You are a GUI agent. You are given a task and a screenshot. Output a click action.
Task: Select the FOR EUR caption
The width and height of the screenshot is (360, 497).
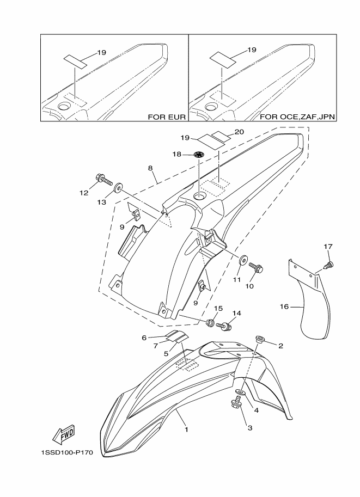(x=167, y=117)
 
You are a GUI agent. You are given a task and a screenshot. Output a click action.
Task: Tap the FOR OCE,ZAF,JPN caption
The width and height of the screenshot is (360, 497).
(x=298, y=117)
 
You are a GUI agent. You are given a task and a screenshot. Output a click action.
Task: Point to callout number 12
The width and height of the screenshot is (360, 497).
(x=84, y=193)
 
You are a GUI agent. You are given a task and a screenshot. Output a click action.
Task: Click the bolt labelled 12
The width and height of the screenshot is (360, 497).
(x=103, y=180)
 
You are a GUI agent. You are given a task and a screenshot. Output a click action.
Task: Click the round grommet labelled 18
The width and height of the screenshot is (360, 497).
(x=199, y=155)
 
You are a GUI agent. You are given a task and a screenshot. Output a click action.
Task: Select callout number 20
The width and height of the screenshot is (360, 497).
(x=239, y=132)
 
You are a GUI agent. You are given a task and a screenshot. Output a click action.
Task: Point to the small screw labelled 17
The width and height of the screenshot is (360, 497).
(x=329, y=265)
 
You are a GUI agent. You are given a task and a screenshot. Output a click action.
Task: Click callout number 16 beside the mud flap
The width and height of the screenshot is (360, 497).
(x=284, y=307)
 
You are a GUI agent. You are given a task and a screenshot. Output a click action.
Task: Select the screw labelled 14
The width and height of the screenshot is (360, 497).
(x=224, y=326)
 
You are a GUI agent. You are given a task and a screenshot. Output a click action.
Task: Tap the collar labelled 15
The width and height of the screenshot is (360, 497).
(x=210, y=323)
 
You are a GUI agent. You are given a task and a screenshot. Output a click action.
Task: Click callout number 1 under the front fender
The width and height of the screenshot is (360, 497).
(x=186, y=430)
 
